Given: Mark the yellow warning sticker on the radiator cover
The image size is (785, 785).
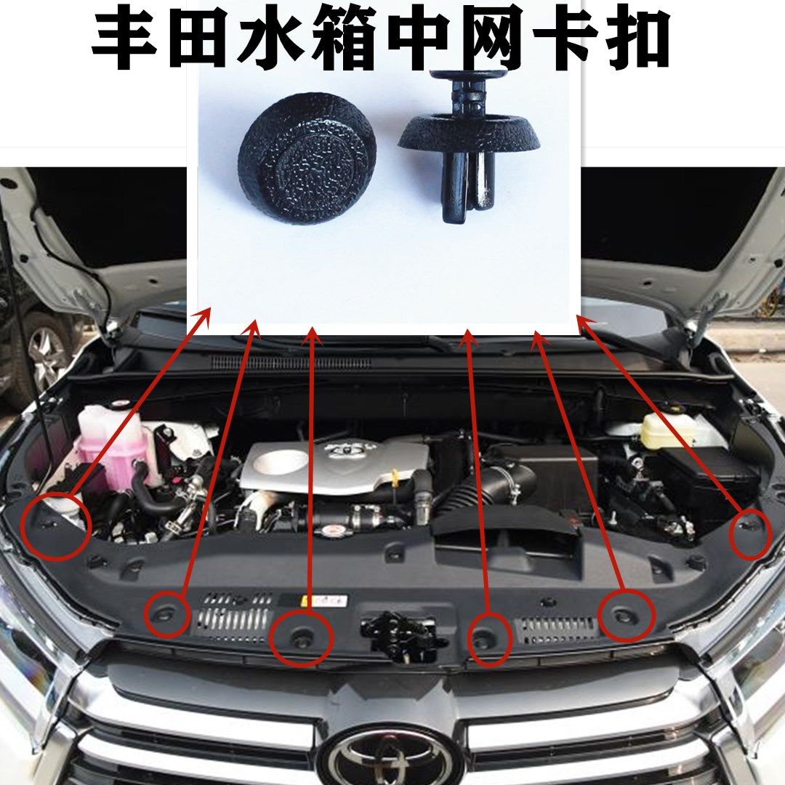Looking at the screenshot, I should coord(323,601).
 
